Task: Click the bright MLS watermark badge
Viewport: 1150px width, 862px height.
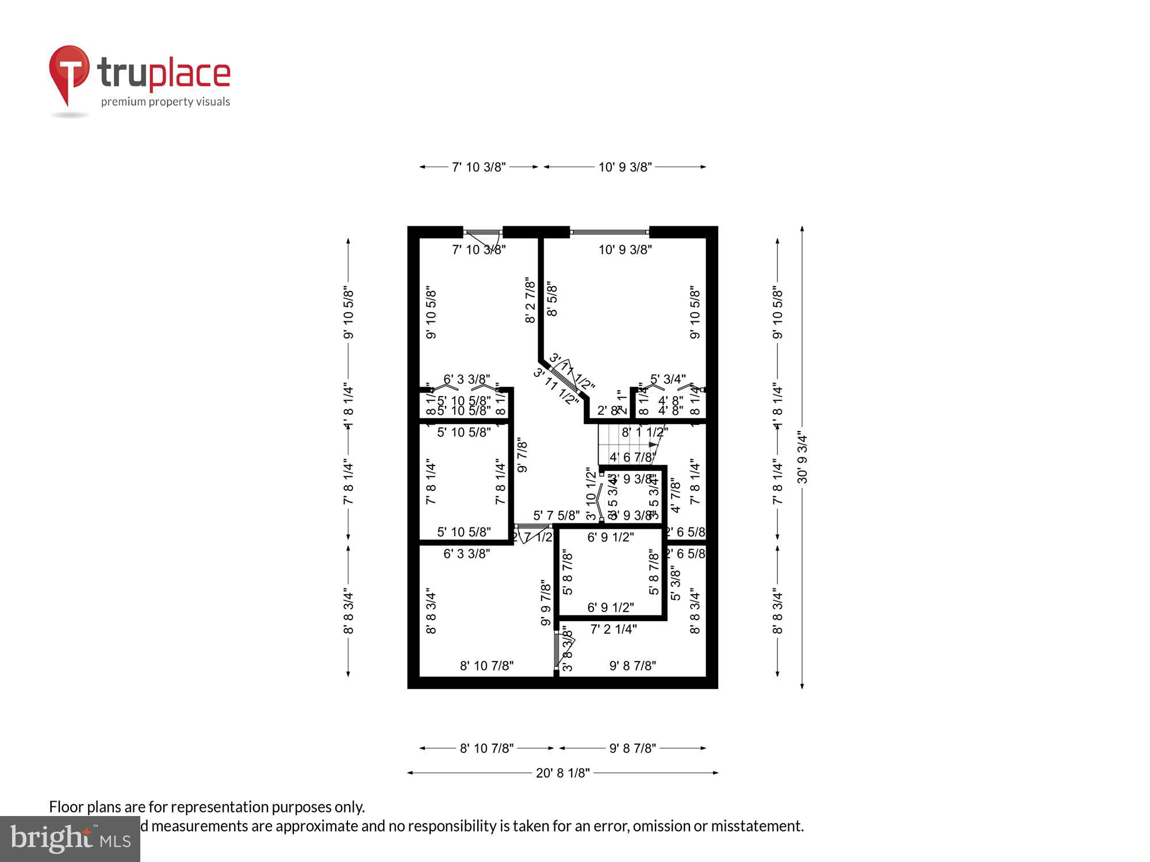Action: click(x=70, y=838)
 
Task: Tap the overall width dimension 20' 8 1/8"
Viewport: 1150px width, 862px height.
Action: click(x=562, y=773)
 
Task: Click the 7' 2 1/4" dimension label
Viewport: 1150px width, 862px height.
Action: click(x=613, y=629)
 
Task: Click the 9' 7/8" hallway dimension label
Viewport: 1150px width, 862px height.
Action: click(x=522, y=456)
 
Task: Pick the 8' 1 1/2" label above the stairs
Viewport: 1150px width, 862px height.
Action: click(x=644, y=432)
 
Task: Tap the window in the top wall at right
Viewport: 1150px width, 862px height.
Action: click(x=609, y=232)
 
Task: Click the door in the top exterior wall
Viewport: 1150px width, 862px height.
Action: click(x=483, y=233)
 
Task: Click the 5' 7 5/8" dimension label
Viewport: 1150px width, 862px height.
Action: click(x=555, y=515)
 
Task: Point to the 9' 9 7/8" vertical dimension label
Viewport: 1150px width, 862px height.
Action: click(x=546, y=602)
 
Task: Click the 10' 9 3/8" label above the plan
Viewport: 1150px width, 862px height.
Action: click(x=624, y=167)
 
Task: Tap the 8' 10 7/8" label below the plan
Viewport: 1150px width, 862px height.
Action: click(x=486, y=748)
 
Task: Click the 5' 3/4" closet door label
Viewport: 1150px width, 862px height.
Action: click(x=667, y=379)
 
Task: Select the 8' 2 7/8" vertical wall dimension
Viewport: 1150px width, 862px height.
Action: click(x=530, y=300)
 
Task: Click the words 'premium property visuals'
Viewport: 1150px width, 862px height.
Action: click(x=166, y=102)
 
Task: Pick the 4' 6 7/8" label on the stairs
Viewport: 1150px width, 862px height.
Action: click(x=632, y=457)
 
